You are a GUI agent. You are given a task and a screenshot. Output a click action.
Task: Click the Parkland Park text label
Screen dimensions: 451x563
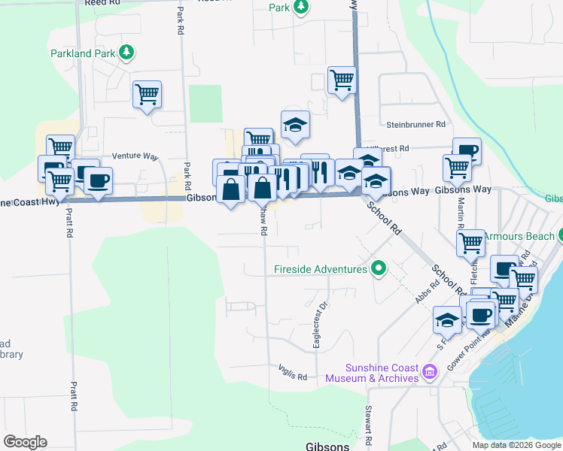(82, 53)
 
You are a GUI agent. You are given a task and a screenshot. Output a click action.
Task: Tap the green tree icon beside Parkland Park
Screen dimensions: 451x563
(127, 53)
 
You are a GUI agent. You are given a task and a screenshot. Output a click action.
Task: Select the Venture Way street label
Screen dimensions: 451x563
(135, 156)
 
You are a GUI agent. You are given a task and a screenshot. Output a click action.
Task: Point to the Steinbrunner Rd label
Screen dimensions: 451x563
(416, 124)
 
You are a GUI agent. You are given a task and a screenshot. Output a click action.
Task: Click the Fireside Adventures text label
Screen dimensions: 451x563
(321, 269)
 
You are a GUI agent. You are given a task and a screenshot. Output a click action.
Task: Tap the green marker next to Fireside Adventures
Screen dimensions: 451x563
(379, 268)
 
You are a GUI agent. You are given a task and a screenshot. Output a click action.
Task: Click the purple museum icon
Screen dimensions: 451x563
(431, 371)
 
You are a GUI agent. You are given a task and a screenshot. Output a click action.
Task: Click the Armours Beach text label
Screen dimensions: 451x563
(518, 236)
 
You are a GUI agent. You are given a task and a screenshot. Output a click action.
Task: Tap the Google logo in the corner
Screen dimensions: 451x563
(25, 442)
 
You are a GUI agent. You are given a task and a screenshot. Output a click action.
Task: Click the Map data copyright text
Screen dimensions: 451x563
(516, 445)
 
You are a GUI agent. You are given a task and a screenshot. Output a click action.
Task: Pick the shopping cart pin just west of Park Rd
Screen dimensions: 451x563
(147, 95)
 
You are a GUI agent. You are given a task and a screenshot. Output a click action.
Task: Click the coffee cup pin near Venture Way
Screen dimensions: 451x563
(98, 180)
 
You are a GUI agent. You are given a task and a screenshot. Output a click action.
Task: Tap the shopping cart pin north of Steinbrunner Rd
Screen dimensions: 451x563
(342, 80)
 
